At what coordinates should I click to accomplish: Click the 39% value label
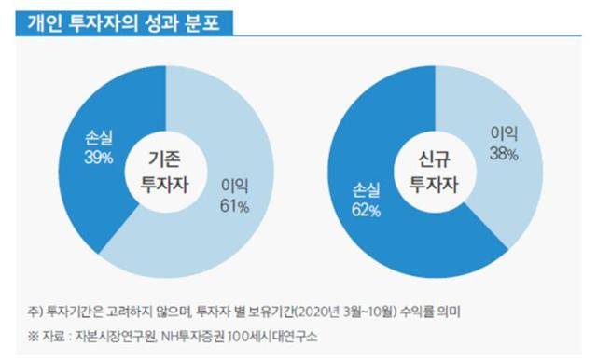(97, 159)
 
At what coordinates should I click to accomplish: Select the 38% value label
(504, 153)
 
